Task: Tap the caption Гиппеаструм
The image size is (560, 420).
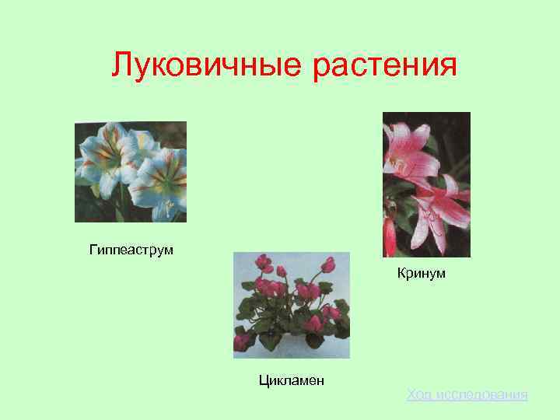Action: pyautogui.click(x=131, y=250)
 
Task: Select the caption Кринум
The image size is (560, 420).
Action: pyautogui.click(x=421, y=273)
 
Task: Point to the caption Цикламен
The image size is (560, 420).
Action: pyautogui.click(x=291, y=380)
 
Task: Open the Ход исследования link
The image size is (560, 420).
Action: pyautogui.click(x=467, y=395)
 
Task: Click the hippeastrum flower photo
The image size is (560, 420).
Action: pyautogui.click(x=131, y=172)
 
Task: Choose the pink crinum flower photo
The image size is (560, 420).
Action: pyautogui.click(x=426, y=184)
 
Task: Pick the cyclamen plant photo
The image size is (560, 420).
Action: pyautogui.click(x=292, y=305)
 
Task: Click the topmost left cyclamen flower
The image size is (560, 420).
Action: pyautogui.click(x=263, y=262)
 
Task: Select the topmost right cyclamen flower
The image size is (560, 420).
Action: pyautogui.click(x=327, y=264)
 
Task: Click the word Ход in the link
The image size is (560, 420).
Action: pyautogui.click(x=418, y=395)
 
